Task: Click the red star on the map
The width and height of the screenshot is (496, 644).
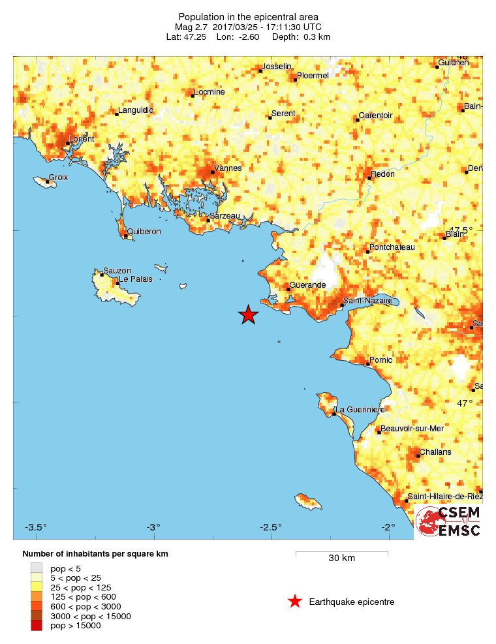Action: coord(249,314)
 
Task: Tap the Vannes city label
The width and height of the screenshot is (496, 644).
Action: coord(228,168)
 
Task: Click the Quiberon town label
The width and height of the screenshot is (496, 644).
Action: coord(144,232)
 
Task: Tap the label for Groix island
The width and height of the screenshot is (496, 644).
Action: coord(58,177)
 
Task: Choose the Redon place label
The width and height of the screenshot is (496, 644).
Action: coord(382,175)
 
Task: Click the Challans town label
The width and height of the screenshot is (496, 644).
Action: coord(435,452)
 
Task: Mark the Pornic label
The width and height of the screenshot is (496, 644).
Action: coord(381,360)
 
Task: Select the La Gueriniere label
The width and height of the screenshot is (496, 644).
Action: coord(360,409)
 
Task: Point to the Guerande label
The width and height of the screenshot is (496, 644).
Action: coord(307,286)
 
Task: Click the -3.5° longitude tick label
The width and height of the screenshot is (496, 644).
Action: coord(37,527)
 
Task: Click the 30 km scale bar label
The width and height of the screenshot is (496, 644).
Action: coord(341,558)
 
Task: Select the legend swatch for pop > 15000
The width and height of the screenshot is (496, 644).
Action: coord(37,626)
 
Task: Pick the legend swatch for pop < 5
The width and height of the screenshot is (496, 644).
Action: coord(37,568)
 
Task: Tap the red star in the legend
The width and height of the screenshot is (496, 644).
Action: coord(295,602)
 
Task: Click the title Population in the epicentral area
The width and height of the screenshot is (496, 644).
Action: coord(248,16)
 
